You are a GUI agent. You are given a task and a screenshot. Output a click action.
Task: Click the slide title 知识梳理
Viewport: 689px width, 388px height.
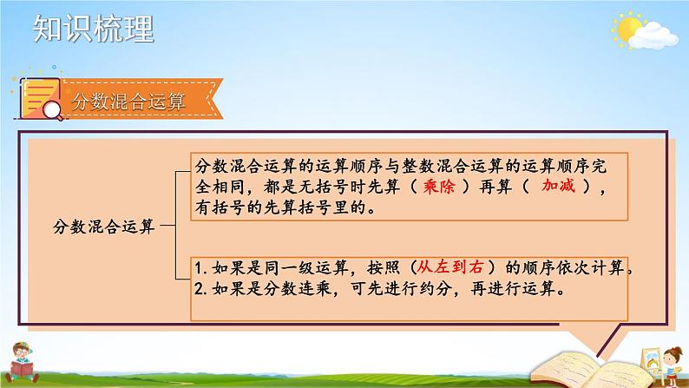[x=93, y=29]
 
